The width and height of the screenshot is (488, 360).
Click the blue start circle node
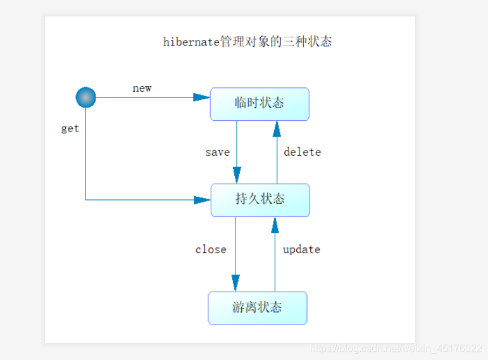[x=85, y=97]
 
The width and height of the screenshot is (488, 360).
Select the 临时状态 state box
[x=260, y=104]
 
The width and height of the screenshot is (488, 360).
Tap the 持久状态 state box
[x=260, y=200]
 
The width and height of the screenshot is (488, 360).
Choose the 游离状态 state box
[x=258, y=308]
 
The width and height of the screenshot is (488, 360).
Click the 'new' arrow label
[x=142, y=88]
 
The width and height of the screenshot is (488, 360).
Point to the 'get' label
[x=70, y=128]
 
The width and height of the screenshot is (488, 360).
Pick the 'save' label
[x=217, y=152]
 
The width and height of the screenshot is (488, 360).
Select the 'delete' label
[x=302, y=152]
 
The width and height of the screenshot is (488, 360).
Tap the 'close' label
[x=211, y=249]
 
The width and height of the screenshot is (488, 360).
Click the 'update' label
[x=301, y=249]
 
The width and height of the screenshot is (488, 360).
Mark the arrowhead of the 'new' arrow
[x=201, y=97]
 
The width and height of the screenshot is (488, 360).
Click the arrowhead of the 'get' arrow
[x=202, y=200]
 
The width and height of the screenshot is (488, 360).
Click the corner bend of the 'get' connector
[x=85, y=200]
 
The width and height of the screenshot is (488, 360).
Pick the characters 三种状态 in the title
[x=308, y=42]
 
